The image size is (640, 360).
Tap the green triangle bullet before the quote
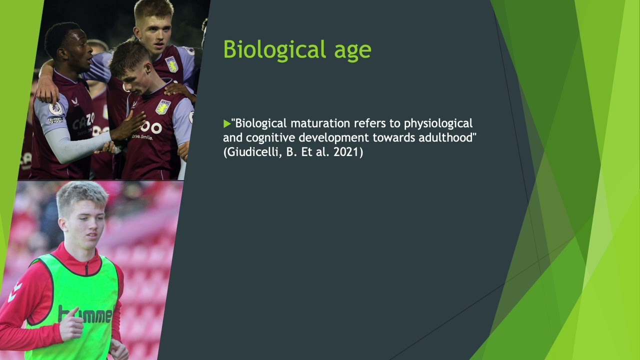(227, 123)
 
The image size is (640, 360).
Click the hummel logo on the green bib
(85, 315)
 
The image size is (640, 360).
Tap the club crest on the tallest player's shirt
(171, 64)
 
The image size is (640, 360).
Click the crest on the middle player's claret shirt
(162, 106)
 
